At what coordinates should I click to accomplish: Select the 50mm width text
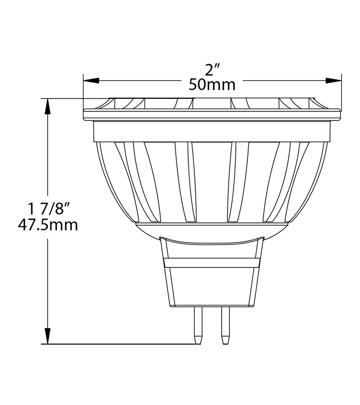[x=212, y=85]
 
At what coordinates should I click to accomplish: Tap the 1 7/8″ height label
[x=48, y=209]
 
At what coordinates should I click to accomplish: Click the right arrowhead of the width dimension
[x=333, y=81]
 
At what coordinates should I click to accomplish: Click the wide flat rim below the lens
[x=212, y=114]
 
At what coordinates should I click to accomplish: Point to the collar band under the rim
[x=212, y=131]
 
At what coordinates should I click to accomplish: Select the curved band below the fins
[x=212, y=229]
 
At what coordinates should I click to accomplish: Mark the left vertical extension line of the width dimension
[x=83, y=90]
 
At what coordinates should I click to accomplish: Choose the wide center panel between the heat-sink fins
[x=211, y=180]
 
